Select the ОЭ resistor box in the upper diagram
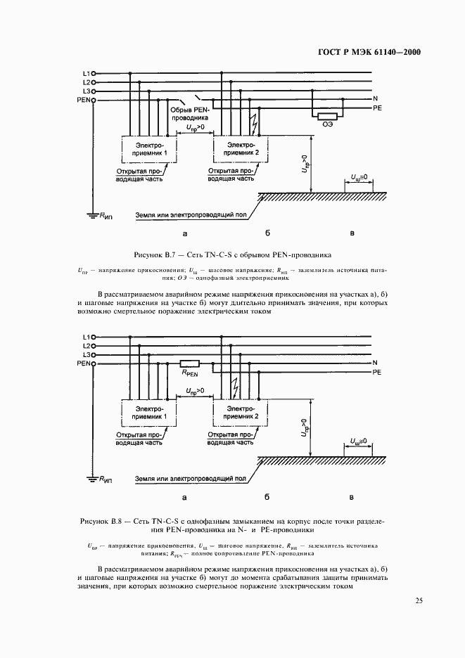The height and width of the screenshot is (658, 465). (327, 116)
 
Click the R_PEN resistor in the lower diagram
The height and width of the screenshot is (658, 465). (190, 363)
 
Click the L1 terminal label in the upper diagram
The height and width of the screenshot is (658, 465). (85, 72)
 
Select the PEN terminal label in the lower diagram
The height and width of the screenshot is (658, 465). (82, 364)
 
